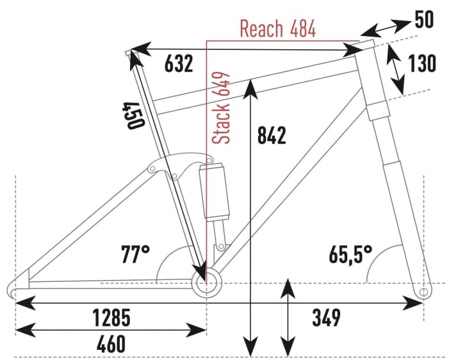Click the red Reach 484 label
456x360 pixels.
tap(277, 28)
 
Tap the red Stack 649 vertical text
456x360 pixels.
tap(222, 108)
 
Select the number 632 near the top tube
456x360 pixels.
tap(179, 63)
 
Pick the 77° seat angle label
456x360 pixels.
tap(135, 254)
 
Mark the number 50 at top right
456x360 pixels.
tap(423, 20)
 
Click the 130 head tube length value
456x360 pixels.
tap(423, 63)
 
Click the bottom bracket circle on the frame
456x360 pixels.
tap(207, 282)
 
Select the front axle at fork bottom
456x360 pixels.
tap(423, 292)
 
